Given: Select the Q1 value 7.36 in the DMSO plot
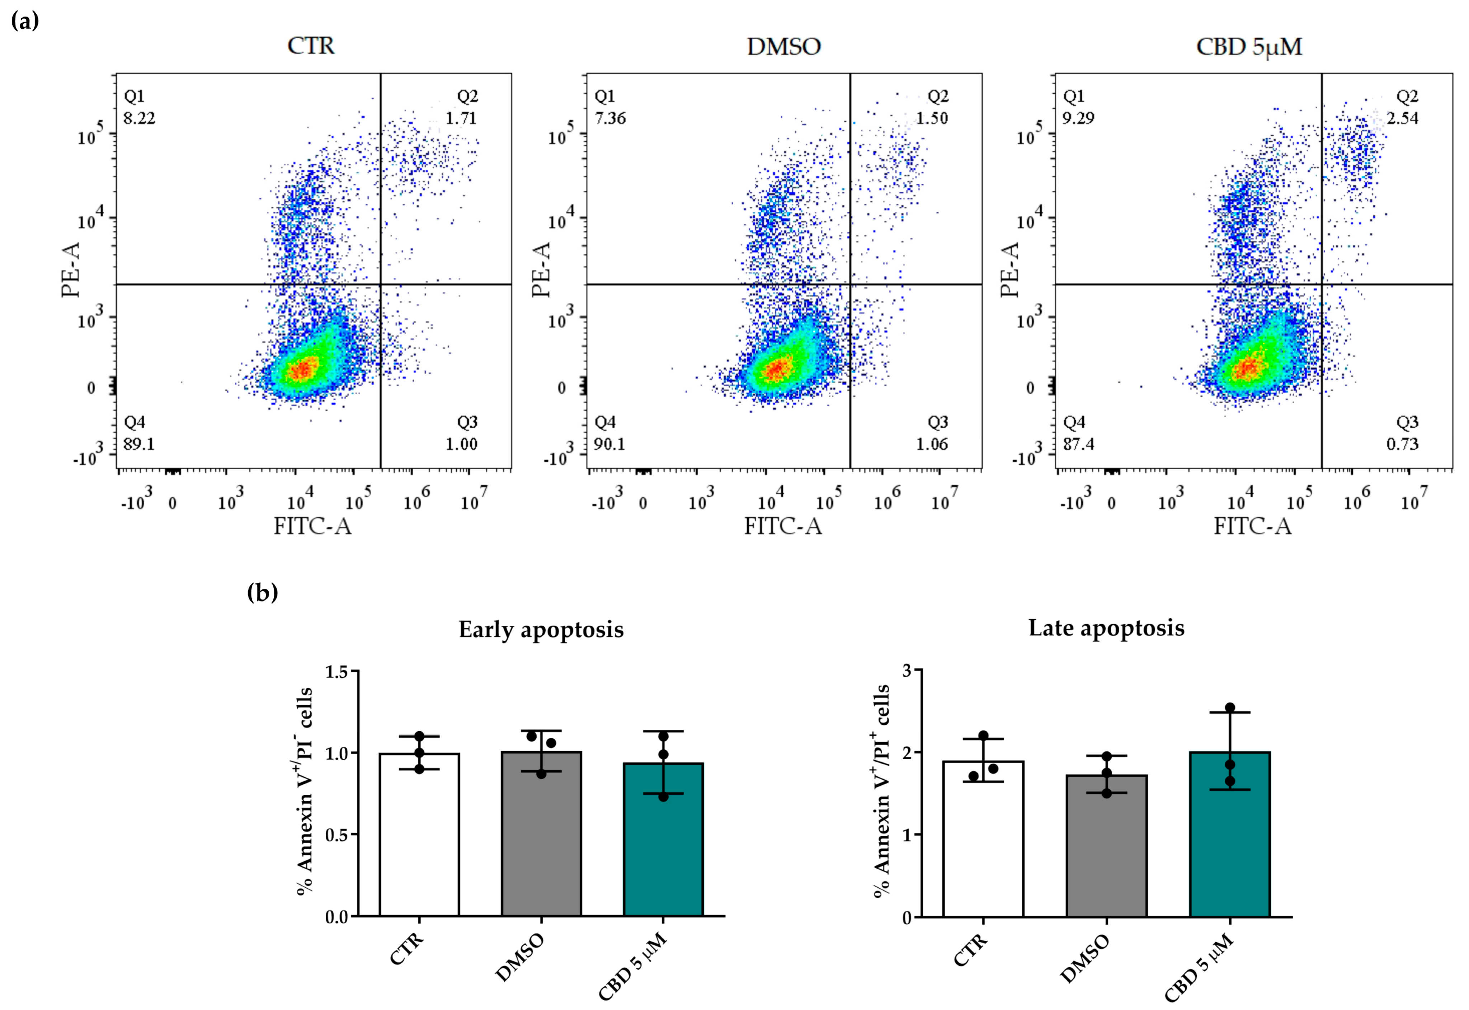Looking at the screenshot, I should point(610,118).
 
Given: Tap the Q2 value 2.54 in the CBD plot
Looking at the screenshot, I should point(1402,118).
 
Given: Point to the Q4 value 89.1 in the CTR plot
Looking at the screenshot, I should point(138,444).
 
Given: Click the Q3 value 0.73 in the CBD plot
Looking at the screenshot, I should point(1402,444).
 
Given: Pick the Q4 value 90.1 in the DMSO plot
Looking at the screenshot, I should point(609,444).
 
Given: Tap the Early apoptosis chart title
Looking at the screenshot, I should point(541,630).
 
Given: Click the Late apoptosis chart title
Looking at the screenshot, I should point(1106,628).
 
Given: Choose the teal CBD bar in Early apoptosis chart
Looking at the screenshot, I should point(663,842).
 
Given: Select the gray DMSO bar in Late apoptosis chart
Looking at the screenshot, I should point(1106,848).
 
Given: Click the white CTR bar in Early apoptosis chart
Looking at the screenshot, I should point(419,835).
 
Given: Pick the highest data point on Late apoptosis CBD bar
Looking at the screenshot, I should point(1230,708).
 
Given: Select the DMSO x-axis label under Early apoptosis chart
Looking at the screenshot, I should point(520,958).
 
